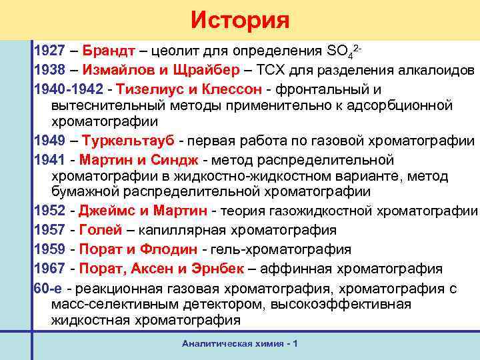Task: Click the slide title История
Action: tap(240, 20)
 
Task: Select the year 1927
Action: tap(49, 51)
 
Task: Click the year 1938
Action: tap(49, 70)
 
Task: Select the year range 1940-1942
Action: tap(66, 89)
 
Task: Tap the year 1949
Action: tap(49, 141)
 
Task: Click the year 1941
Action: tap(49, 160)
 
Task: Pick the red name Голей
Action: tap(101, 231)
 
